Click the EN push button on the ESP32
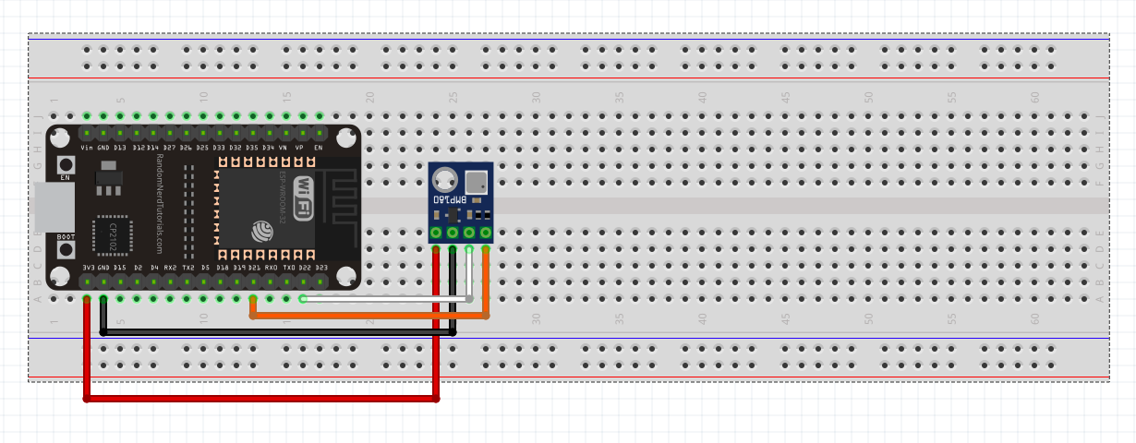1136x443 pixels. point(66,163)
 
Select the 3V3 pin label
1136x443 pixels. point(88,268)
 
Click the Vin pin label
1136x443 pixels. point(87,148)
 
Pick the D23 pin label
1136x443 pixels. point(321,268)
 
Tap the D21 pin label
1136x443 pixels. point(254,268)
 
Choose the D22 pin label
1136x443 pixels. point(305,268)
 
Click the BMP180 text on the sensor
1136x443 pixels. point(449,198)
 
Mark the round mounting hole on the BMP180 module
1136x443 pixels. point(444,178)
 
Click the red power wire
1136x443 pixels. point(259,400)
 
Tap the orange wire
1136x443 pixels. point(369,316)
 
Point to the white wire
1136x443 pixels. point(388,298)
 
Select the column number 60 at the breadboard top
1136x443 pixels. point(1034,97)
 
